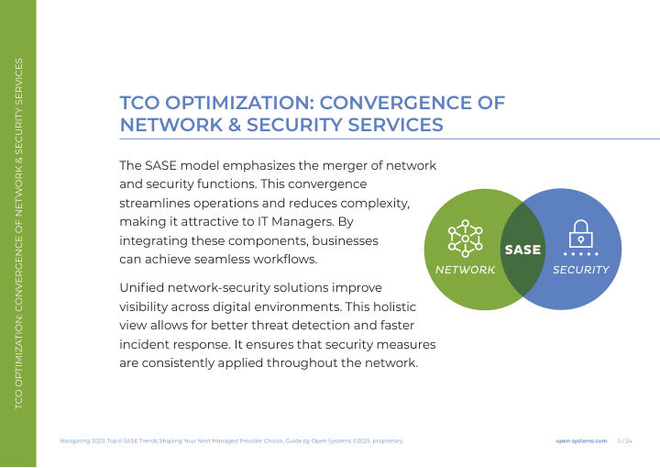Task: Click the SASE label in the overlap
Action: (522, 250)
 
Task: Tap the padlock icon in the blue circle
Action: (581, 234)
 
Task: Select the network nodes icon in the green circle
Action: (465, 239)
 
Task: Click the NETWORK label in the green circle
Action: (465, 270)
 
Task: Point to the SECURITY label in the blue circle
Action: (581, 270)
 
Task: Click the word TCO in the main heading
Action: (139, 103)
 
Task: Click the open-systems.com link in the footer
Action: (581, 441)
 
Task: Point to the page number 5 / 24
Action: (624, 441)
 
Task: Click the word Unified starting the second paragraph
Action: (141, 288)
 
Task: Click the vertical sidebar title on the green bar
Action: (18, 233)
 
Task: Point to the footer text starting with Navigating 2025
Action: (232, 441)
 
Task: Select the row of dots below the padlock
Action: (581, 254)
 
